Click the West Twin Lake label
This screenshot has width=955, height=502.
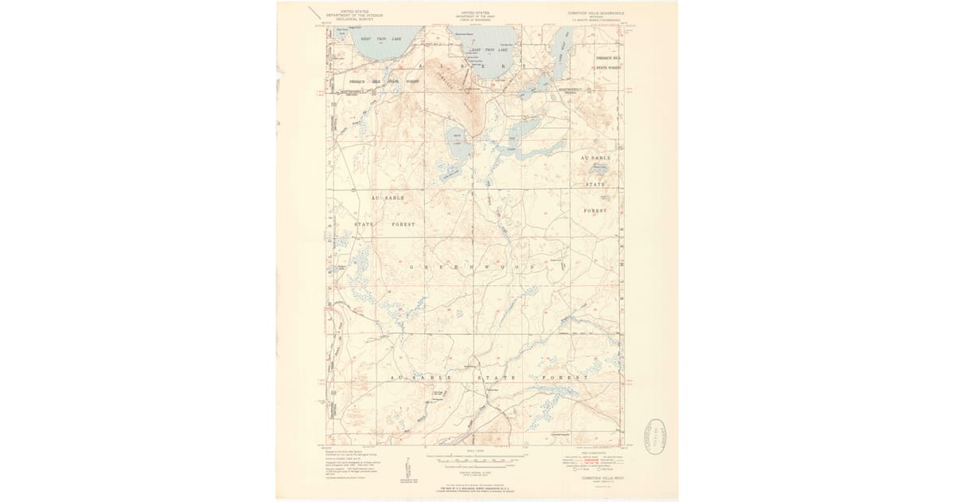coord(381,38)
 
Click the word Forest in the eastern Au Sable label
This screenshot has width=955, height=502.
coord(594,211)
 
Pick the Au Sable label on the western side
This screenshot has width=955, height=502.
coord(388,197)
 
